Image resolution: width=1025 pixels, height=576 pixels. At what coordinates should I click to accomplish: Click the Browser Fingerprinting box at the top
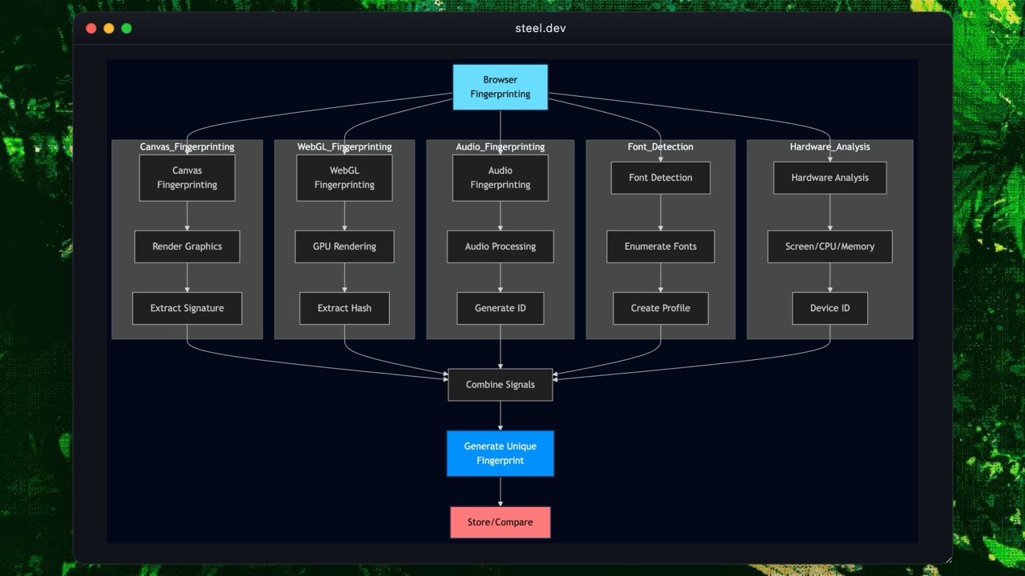[500, 87]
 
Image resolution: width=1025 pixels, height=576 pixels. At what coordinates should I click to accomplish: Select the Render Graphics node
[187, 246]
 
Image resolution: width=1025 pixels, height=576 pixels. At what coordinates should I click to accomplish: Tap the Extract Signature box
[187, 308]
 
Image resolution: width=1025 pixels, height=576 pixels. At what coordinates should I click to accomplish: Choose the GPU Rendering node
[344, 246]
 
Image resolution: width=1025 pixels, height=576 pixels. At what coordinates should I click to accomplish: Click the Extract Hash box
[344, 308]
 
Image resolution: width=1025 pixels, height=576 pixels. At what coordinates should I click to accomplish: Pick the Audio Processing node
[500, 246]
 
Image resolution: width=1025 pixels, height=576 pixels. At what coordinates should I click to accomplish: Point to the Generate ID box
[500, 308]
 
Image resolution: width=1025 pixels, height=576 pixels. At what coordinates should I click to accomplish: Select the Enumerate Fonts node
[660, 246]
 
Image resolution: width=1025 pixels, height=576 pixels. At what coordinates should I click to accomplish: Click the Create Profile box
[660, 308]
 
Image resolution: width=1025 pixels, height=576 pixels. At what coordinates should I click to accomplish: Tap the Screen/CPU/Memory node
[830, 246]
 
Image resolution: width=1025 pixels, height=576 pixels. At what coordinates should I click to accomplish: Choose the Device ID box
[830, 308]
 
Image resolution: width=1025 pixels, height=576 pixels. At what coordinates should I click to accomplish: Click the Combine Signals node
[500, 385]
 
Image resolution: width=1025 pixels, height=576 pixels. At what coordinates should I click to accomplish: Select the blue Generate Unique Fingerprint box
[500, 454]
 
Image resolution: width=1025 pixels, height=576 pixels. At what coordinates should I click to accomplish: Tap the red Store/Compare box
[500, 522]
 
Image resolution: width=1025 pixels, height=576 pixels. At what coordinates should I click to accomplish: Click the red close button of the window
[91, 29]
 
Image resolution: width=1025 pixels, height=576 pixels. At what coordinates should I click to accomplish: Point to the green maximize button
[127, 29]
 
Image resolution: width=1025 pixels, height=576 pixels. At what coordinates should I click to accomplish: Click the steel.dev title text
[541, 29]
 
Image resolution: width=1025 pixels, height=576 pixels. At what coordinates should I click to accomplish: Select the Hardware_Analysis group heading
[830, 147]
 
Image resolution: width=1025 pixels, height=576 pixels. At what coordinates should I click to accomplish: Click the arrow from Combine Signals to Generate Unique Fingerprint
[500, 416]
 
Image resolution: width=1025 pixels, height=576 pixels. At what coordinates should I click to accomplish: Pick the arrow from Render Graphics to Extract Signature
[187, 278]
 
